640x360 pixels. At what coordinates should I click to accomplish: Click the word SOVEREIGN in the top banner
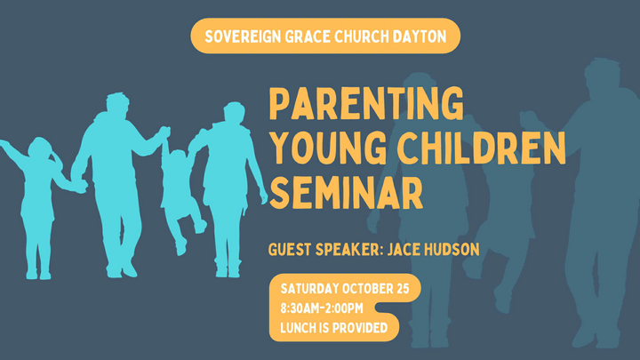[x=241, y=37]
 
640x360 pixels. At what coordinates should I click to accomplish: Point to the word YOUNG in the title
[x=325, y=149]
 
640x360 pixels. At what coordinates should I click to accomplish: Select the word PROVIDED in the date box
[x=361, y=328]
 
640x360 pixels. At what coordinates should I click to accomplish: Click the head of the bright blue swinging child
[x=177, y=158]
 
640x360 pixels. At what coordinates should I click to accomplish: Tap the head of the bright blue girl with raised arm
[x=40, y=148]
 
